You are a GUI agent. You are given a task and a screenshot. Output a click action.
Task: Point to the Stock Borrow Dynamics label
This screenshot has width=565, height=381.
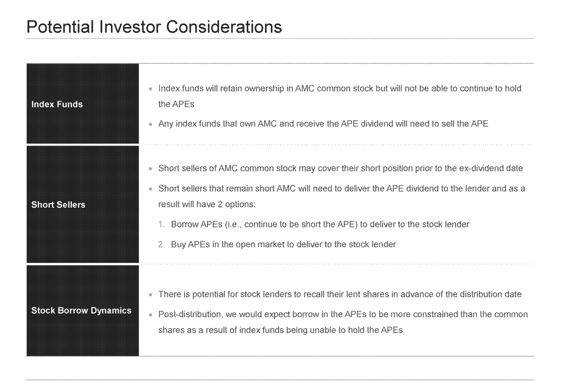coord(81,311)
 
